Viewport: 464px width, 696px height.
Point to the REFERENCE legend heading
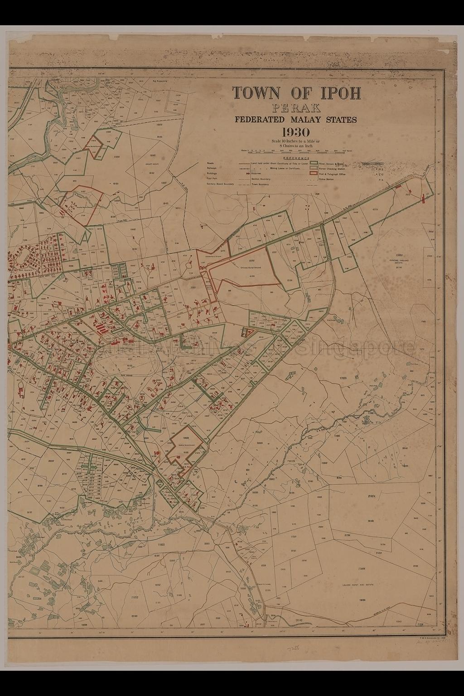tap(295, 158)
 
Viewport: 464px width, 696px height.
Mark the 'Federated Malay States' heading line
tap(295, 120)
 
